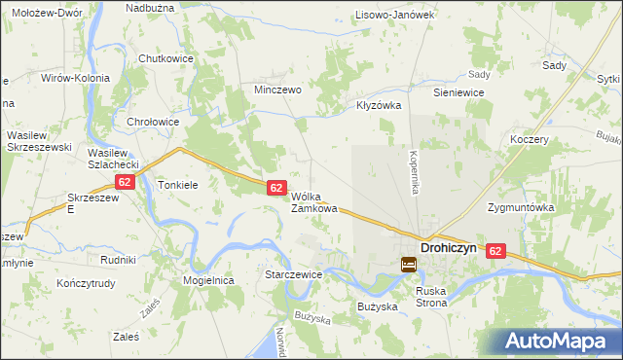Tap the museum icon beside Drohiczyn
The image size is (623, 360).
click(409, 264)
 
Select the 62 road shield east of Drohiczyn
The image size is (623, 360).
click(497, 251)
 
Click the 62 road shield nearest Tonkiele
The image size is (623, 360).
click(124, 182)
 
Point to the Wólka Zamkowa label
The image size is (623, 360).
click(314, 201)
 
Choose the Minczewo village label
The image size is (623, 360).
click(277, 89)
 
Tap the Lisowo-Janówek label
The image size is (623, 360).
click(394, 15)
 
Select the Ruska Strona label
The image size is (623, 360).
click(431, 296)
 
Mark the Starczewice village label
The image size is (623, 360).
click(294, 275)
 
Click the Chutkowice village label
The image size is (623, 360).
click(166, 58)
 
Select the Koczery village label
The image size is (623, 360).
click(530, 139)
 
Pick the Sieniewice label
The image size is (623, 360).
click(458, 91)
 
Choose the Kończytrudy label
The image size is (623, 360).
click(86, 284)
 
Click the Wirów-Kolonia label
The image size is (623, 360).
click(74, 77)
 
